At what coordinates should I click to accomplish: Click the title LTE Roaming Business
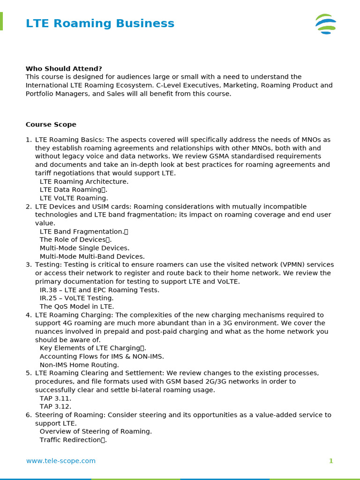(100, 24)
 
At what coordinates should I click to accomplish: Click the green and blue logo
(326, 24)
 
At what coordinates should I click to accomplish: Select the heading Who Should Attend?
(64, 68)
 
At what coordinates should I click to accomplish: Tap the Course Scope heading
(51, 125)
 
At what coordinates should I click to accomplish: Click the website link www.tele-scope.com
(61, 461)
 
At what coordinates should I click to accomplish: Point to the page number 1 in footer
(330, 461)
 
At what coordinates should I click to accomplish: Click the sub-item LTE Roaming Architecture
(84, 181)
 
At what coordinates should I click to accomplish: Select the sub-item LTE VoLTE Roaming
(74, 198)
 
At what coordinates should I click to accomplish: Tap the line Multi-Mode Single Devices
(84, 248)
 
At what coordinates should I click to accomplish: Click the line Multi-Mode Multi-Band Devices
(92, 256)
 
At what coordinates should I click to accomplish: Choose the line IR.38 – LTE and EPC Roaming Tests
(99, 290)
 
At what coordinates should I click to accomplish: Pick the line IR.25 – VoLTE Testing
(76, 298)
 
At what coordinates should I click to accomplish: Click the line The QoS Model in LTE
(77, 307)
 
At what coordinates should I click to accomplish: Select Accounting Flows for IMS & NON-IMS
(102, 356)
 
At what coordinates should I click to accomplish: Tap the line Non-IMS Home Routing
(79, 365)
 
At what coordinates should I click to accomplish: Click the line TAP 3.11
(55, 398)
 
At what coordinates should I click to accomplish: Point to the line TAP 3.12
(55, 406)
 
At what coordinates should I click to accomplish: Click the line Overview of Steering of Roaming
(96, 431)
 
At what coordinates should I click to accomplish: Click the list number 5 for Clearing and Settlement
(28, 373)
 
